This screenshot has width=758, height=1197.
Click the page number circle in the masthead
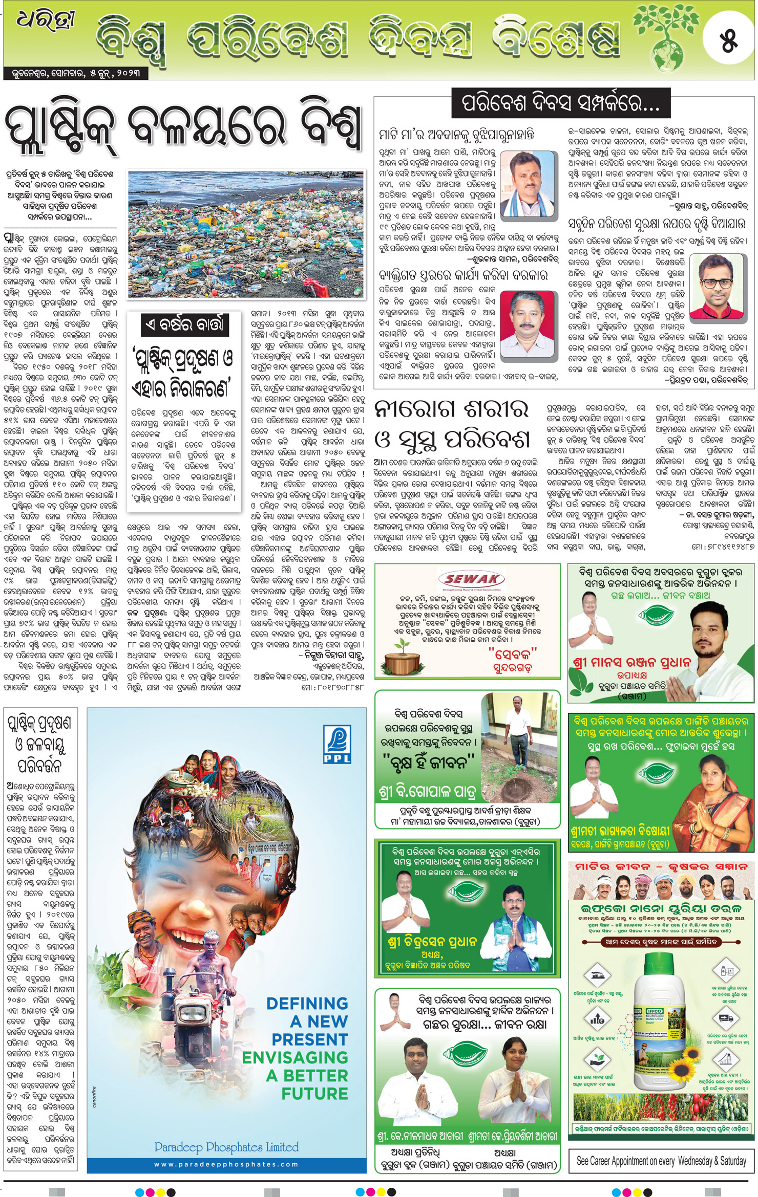[x=728, y=40]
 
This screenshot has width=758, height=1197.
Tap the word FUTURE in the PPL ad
[x=314, y=1093]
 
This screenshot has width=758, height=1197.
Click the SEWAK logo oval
[x=471, y=579]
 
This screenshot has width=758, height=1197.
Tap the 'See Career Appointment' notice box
[x=661, y=1161]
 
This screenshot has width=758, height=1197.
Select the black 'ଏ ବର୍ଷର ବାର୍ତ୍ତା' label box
[x=184, y=325]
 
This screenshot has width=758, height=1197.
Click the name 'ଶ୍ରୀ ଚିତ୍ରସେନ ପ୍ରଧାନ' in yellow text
[x=432, y=942]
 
